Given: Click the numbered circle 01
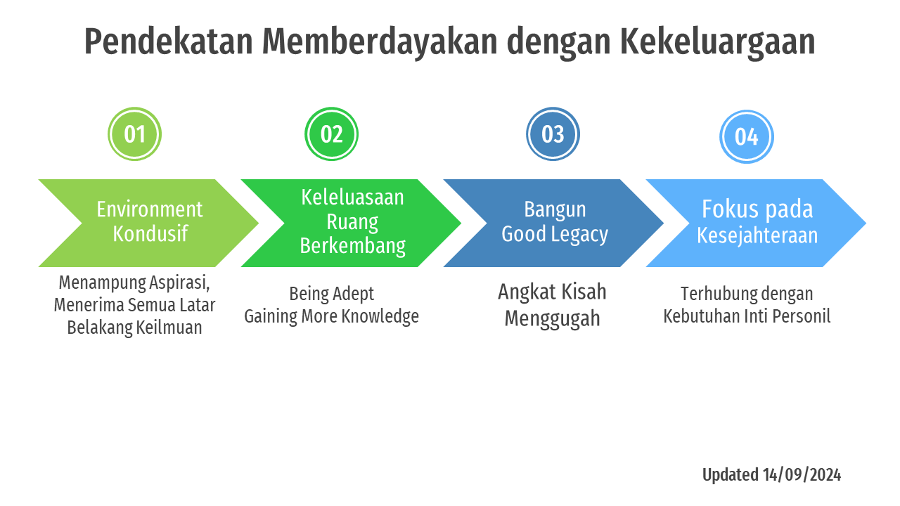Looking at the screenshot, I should click(134, 134).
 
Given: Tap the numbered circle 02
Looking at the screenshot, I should click(331, 134).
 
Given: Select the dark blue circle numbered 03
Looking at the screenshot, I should click(553, 134).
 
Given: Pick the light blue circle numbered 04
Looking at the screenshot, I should click(746, 136).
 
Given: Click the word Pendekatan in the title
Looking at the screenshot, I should click(168, 42).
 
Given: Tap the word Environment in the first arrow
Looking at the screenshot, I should click(149, 209).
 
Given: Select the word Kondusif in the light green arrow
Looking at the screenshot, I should click(150, 233).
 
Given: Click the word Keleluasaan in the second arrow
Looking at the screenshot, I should click(352, 197).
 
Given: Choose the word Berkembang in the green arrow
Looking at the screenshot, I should click(352, 246).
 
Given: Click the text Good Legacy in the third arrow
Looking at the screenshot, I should click(554, 234).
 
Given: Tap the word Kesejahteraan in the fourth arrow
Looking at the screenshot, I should click(757, 235).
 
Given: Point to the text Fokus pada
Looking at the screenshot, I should click(757, 209).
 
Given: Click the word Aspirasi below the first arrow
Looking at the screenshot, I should click(179, 283).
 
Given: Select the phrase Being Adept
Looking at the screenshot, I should click(332, 294).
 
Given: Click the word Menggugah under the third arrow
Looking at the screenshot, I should click(552, 318).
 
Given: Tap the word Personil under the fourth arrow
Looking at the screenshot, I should click(802, 316).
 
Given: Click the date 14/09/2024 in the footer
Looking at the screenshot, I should click(802, 475).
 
